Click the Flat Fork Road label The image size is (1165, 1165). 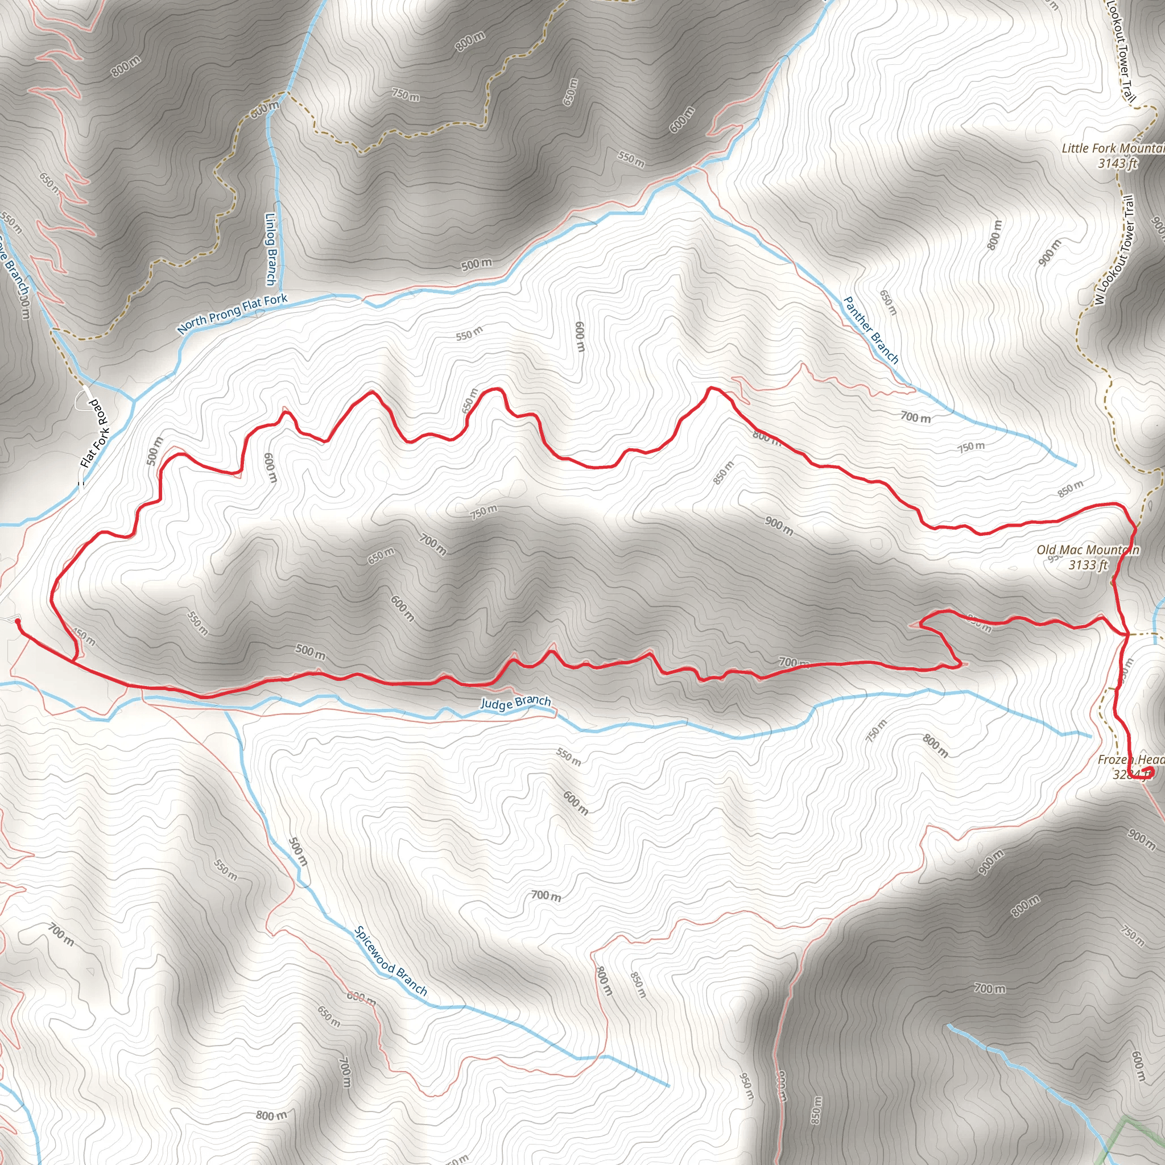[94, 433]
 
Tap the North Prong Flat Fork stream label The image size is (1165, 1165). [233, 313]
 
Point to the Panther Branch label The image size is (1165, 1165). [871, 330]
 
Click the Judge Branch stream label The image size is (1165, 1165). [515, 703]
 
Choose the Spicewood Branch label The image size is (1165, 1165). [391, 961]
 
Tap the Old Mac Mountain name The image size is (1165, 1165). [1088, 550]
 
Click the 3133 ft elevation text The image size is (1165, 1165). [1088, 565]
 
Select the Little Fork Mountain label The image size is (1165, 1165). [1113, 148]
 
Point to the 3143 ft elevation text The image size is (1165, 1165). [1117, 163]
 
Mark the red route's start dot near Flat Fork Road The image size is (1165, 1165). [18, 621]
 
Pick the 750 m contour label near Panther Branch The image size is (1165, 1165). [971, 447]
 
